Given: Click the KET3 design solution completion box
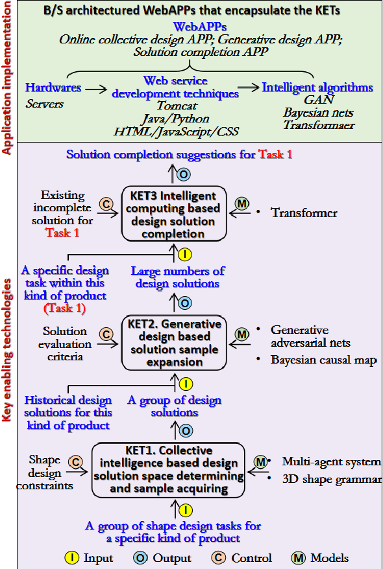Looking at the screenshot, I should (173, 213).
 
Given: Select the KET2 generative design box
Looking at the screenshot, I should (173, 342).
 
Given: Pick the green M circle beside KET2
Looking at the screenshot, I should (242, 335).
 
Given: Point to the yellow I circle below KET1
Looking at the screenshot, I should (185, 509).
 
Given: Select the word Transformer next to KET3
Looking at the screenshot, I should (304, 213).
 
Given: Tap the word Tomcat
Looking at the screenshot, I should (176, 106).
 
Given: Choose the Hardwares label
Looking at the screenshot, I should (53, 87).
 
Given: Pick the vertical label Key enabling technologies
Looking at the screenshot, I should (8, 350).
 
